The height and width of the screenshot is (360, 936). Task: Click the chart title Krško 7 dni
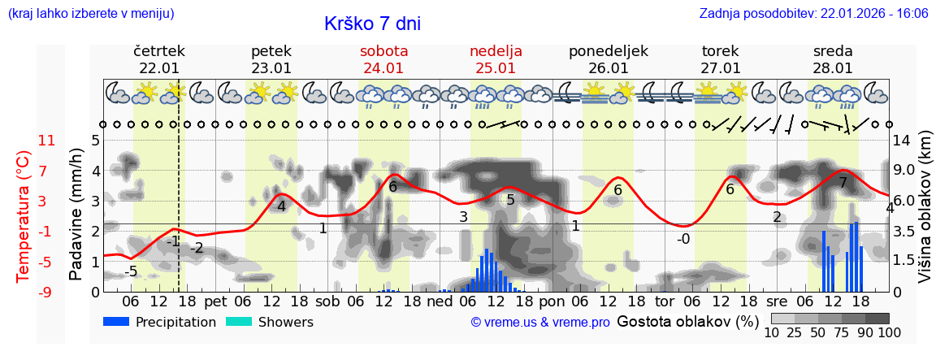(x=372, y=24)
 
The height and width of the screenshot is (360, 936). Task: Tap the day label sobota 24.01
(x=383, y=59)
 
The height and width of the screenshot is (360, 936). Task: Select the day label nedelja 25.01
(x=496, y=59)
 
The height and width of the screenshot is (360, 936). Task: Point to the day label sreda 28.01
(x=833, y=59)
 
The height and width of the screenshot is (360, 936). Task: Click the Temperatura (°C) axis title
(x=24, y=215)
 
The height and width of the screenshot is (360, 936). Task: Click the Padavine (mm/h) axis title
(x=76, y=215)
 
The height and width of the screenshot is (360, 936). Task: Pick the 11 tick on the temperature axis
(x=47, y=141)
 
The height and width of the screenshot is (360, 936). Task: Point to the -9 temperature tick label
(x=47, y=292)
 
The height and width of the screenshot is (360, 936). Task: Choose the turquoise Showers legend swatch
(x=239, y=322)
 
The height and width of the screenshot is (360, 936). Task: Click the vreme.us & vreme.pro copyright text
(x=540, y=323)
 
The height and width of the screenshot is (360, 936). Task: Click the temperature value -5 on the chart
(x=130, y=271)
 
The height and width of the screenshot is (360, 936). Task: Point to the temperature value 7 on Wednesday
(x=843, y=184)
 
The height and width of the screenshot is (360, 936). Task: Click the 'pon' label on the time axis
(x=552, y=301)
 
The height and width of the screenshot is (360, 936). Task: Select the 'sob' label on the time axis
(x=327, y=301)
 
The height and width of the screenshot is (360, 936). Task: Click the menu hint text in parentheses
(x=91, y=14)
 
